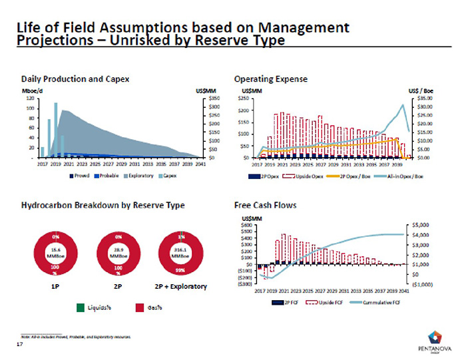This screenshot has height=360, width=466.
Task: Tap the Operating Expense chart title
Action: (270, 79)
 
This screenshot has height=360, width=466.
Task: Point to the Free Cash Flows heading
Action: (265, 206)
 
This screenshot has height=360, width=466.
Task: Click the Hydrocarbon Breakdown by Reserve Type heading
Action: (103, 206)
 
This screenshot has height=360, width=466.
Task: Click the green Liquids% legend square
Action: (80, 307)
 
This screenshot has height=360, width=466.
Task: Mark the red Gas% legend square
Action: (140, 307)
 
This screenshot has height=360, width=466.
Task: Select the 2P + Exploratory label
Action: (180, 286)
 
